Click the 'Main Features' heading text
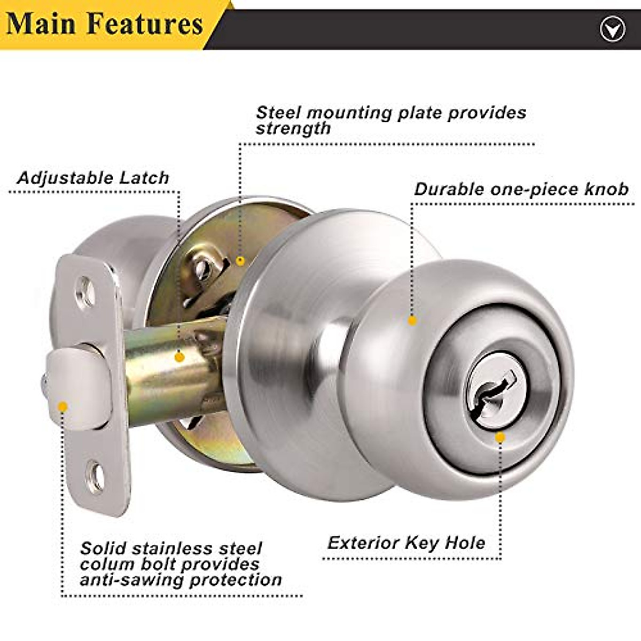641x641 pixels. click(105, 24)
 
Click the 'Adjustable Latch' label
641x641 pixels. click(93, 178)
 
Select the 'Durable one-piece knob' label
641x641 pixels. click(521, 190)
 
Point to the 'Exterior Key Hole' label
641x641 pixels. click(407, 543)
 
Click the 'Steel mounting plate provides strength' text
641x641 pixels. click(390, 120)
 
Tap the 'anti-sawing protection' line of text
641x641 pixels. click(181, 580)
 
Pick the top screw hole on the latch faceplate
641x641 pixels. click(85, 292)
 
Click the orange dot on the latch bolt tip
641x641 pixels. click(62, 407)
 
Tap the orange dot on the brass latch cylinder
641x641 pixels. click(180, 356)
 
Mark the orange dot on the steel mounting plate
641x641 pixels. click(240, 261)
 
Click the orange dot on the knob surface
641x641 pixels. click(412, 320)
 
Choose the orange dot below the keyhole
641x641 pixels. click(500, 437)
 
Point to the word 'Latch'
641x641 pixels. click(144, 178)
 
